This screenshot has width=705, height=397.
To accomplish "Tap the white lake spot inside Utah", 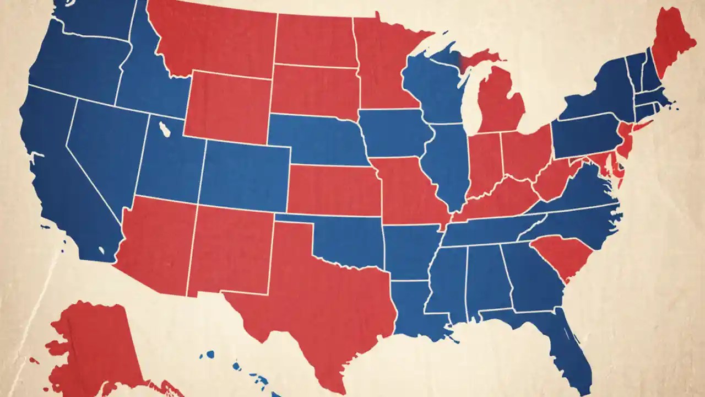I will [164, 130].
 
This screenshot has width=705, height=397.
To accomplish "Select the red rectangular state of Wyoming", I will [226, 105].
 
